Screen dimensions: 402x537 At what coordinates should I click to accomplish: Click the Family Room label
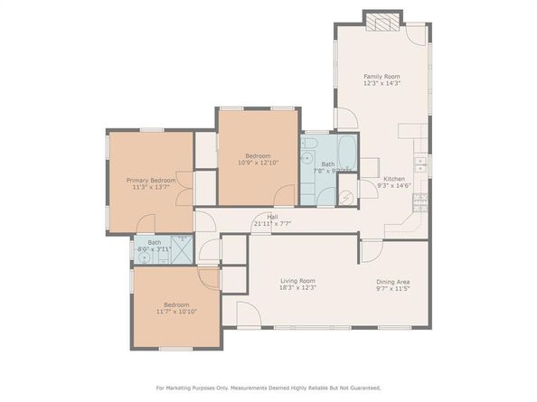pos(382,77)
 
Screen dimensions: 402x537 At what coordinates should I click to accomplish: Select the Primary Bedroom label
pos(151,181)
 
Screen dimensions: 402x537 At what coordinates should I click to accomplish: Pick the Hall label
pos(271,217)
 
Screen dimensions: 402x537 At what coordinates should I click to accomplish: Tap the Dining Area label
pos(393,281)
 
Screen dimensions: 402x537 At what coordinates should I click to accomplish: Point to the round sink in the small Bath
pos(144,257)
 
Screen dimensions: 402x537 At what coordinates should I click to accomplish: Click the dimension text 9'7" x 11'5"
pos(393,288)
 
